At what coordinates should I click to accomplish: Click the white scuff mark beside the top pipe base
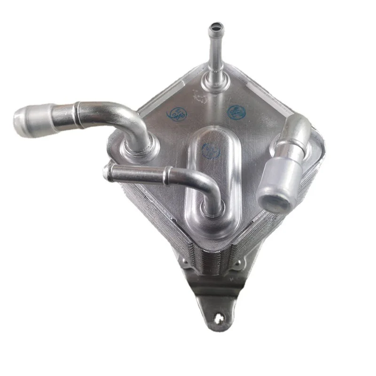click(199, 98)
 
